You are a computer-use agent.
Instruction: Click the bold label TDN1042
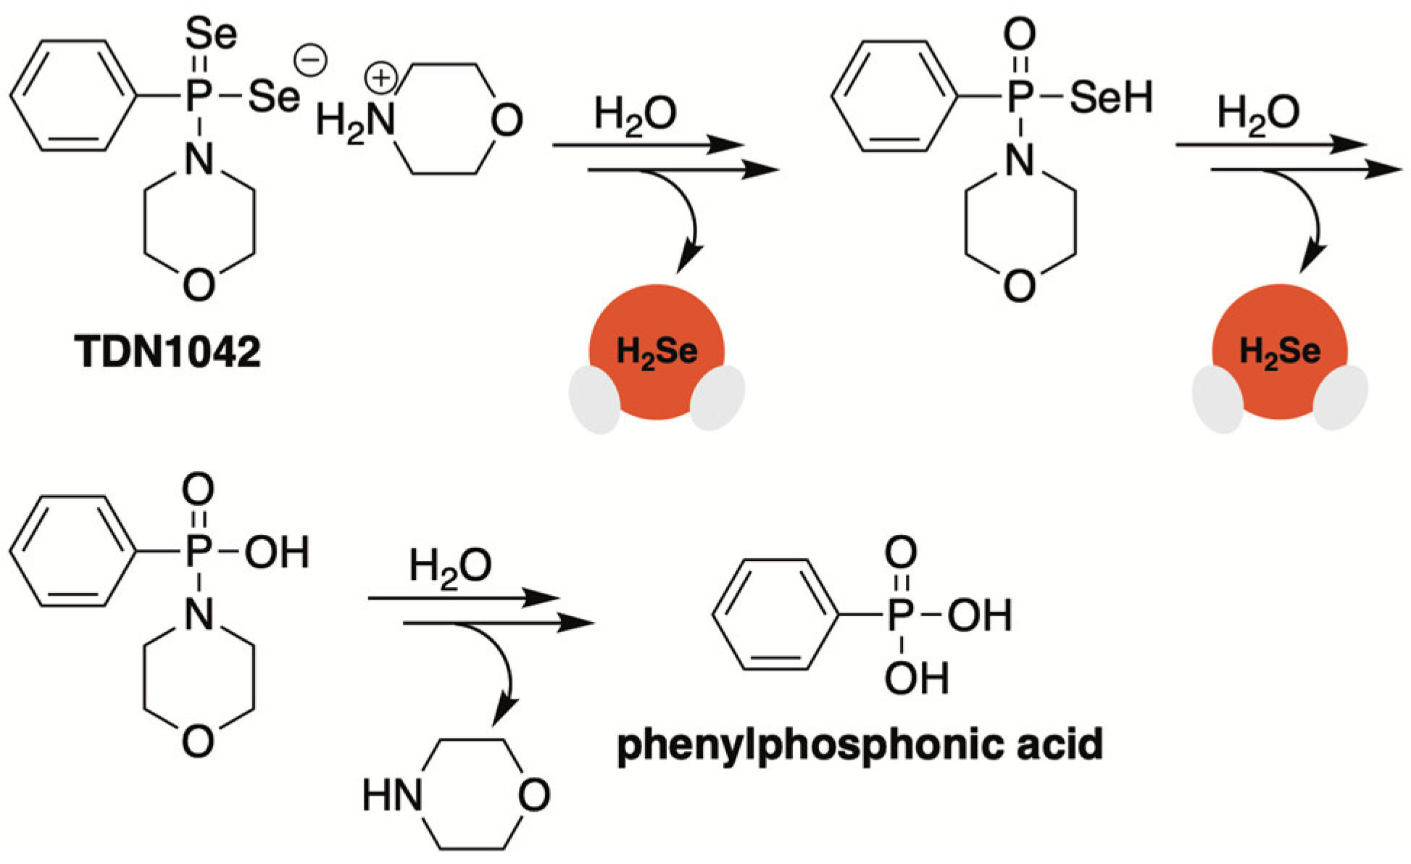(x=169, y=354)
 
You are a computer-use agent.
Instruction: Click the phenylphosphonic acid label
(x=859, y=744)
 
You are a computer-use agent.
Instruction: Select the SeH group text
(x=1111, y=99)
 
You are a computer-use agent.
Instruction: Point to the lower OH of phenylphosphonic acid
(x=916, y=679)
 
